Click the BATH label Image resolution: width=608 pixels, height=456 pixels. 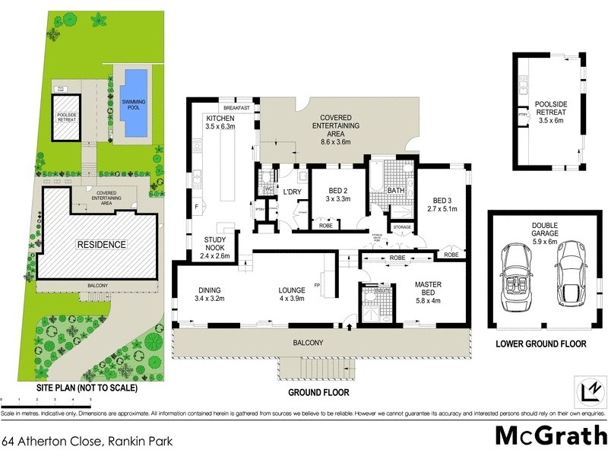tap(396, 190)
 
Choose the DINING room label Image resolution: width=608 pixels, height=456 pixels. tap(209, 290)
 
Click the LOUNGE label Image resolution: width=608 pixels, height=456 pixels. tap(291, 290)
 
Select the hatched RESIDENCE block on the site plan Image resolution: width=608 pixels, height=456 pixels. tap(100, 245)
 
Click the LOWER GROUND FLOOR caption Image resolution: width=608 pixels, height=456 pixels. tap(540, 344)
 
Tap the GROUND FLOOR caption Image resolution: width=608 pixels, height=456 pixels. tap(318, 393)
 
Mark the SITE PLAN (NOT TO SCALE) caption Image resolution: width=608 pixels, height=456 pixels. tap(87, 388)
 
